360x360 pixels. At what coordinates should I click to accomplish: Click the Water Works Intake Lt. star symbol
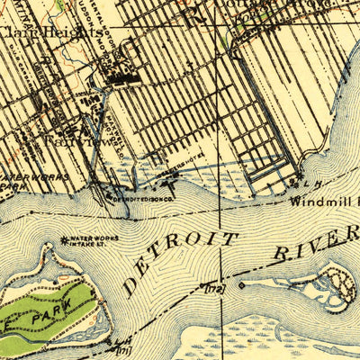(64, 239)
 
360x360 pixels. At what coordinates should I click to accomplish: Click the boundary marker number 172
(213, 288)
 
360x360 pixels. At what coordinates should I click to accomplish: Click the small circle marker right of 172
(241, 285)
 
